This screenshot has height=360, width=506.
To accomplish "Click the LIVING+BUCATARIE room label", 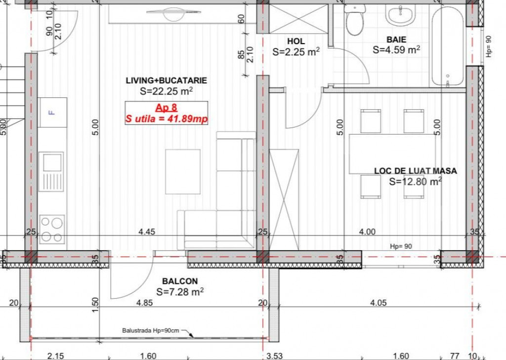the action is coord(166,81).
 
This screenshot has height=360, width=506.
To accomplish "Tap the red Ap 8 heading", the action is coord(166,107).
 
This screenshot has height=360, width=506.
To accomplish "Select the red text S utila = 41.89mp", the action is coord(166,119).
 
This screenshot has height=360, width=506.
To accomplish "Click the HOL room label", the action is coord(296,41).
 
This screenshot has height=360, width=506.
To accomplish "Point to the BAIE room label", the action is coord(396,40).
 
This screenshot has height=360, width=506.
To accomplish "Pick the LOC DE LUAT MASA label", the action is coord(415,171).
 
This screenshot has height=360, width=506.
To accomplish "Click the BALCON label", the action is coord(180,281).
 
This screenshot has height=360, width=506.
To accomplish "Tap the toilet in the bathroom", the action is coord(355,19).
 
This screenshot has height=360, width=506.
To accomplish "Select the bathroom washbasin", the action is coord(400,15).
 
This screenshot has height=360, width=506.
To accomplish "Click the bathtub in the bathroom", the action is coord(448,46).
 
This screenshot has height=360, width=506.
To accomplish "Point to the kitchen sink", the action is coord(51,172).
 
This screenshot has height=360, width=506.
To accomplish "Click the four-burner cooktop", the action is coord(52,229).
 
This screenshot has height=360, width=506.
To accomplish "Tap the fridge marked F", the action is coord(52,112).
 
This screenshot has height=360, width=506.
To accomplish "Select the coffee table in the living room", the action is coord(183,172).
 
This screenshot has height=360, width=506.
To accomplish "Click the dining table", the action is coord(392,154).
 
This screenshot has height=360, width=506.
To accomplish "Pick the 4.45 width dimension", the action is coord(147,231).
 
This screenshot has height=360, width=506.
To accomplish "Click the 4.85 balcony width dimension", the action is coord(144,303).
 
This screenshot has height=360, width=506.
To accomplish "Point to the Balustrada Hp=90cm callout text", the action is coord(150,331).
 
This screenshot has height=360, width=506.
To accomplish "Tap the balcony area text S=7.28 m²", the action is coord(180,292).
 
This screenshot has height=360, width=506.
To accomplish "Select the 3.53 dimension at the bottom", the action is coord(275,356).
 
